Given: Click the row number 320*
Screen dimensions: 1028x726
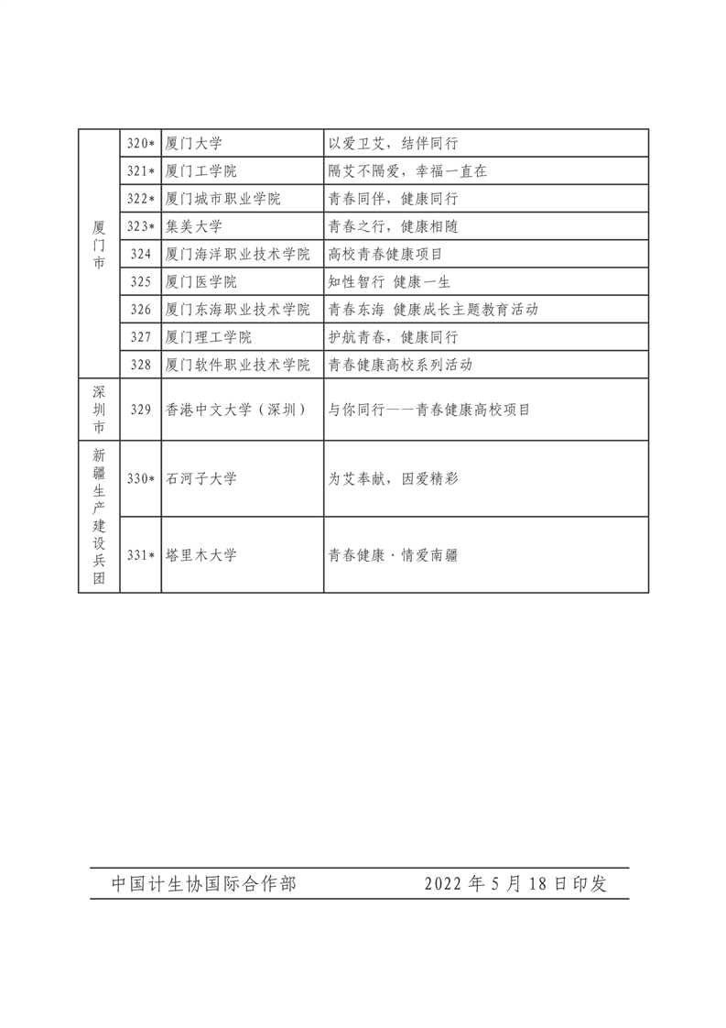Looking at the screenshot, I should coord(140,143).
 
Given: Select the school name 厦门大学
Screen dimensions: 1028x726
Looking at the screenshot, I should coord(194,143).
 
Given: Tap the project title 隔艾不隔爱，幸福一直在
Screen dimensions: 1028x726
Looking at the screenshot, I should coord(407,170).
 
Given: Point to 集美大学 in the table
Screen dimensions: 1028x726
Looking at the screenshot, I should coord(194,225).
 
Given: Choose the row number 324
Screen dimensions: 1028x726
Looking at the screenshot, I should coord(140,254).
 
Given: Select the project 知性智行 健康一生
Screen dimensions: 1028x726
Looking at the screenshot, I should coord(389,281).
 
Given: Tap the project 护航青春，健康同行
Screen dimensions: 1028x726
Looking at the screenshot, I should coord(393,337).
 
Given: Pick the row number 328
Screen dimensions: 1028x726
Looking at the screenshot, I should coord(140,365).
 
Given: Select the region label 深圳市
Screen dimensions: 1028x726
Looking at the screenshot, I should coord(99,409).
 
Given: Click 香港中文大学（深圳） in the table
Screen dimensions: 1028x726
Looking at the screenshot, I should coord(234,410).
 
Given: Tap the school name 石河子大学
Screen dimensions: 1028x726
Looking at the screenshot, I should coord(201,478).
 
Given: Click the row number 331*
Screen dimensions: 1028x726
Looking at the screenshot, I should coord(140,554).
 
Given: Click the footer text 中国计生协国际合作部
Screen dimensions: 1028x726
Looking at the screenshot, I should coord(203,883).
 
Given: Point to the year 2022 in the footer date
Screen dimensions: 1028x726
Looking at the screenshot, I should coord(444,883).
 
